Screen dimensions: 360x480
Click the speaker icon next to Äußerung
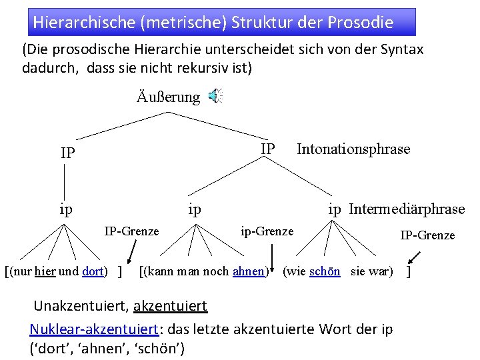pos(215,97)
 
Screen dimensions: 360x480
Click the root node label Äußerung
pos(168,97)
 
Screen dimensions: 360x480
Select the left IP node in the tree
pos(67,153)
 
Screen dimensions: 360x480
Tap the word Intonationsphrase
pos(353,149)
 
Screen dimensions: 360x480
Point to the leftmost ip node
pos(66,209)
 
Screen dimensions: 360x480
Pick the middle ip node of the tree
pos(195,209)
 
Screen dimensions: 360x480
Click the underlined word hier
pos(45,272)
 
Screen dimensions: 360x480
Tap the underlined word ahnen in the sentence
pos(248,272)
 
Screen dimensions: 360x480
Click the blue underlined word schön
pos(325,271)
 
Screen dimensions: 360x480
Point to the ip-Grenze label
pos(267,231)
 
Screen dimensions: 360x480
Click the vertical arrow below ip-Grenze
pos(273,257)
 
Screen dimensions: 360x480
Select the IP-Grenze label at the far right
pos(427,235)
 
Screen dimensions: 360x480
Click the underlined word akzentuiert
pos(171,307)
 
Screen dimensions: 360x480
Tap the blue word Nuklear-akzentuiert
pos(94,329)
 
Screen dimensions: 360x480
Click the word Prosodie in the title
pos(361,22)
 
